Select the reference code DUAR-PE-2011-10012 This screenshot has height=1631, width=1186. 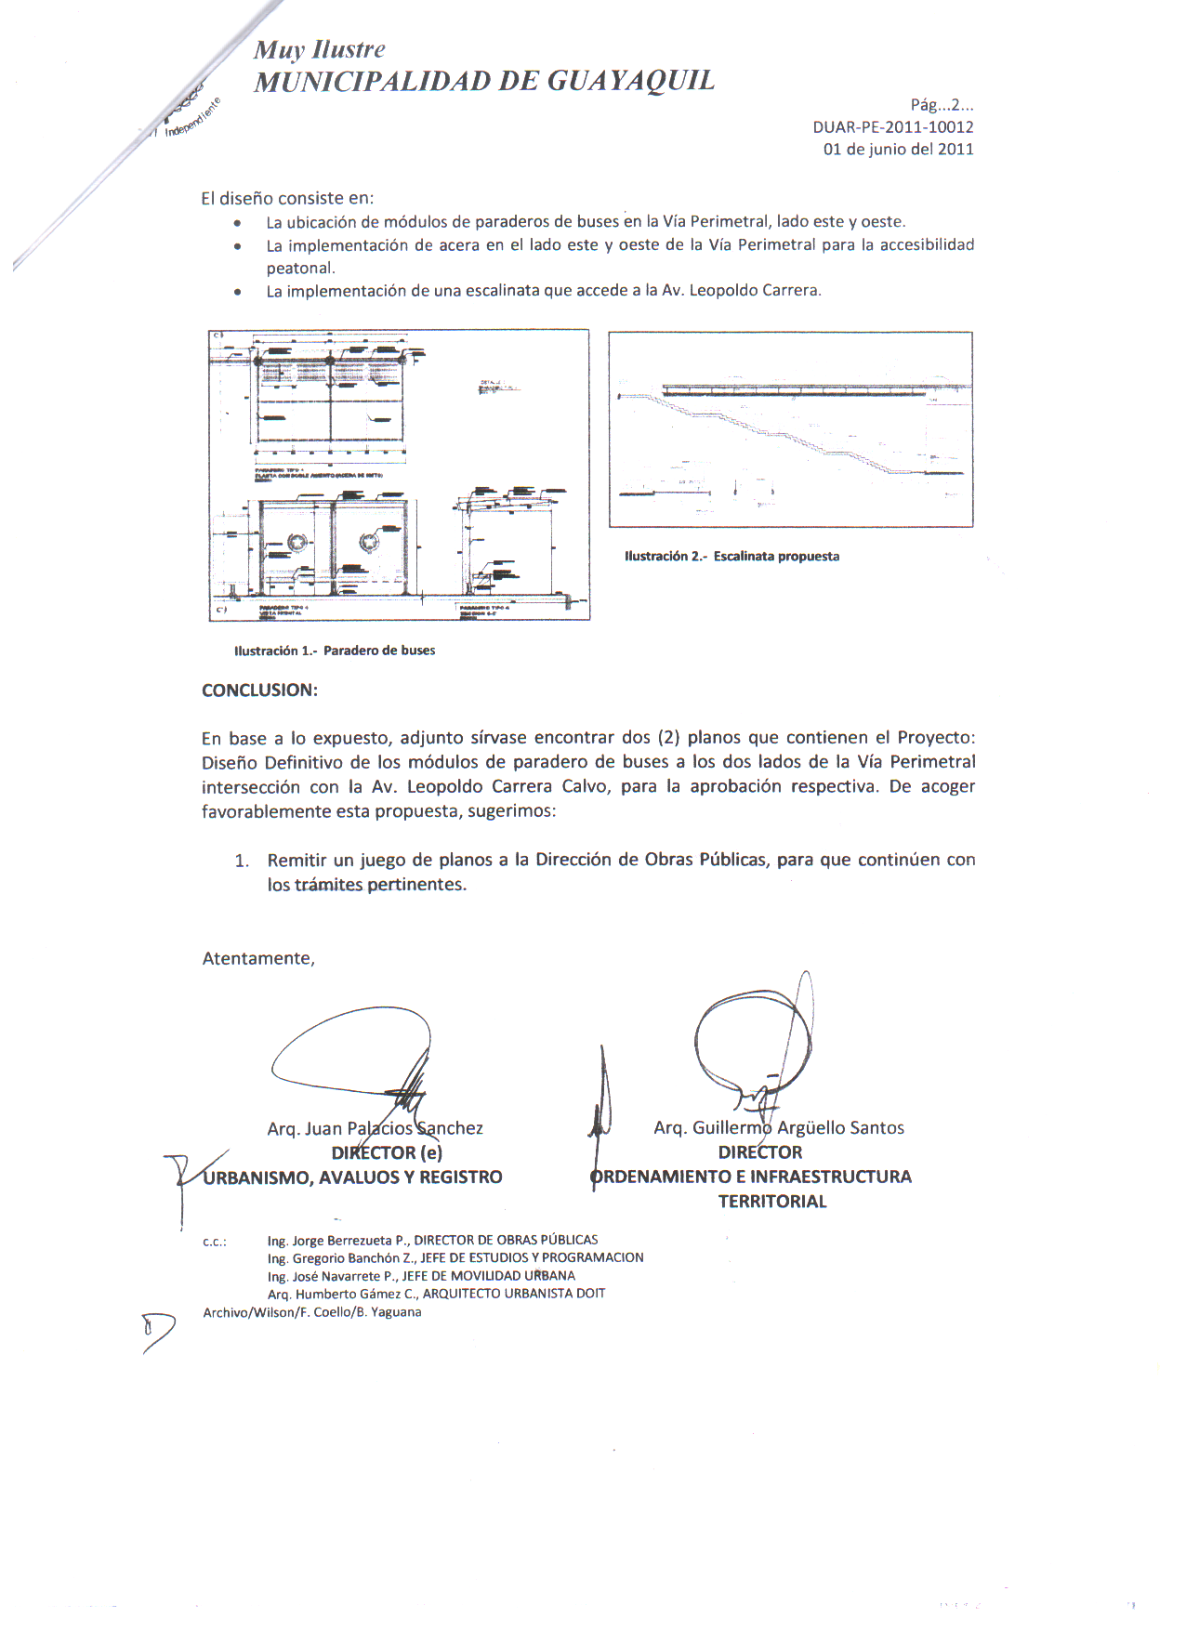coord(892,127)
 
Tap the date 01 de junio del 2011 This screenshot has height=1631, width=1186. coord(898,149)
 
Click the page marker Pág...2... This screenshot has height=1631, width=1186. coord(941,105)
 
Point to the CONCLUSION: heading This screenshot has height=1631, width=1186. coord(259,691)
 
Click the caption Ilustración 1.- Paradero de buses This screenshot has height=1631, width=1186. coord(335,651)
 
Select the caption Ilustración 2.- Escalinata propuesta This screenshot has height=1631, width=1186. coord(731,557)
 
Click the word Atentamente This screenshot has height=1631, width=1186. coord(258,958)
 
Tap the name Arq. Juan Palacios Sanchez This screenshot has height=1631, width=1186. coord(375,1128)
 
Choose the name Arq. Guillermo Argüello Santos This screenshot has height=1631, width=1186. coord(779,1127)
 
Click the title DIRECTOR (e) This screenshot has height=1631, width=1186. coord(387,1152)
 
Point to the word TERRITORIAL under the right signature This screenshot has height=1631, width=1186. coord(771,1202)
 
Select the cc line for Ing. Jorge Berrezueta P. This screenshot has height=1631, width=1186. coord(432,1240)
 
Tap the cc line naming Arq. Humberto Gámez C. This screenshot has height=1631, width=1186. coord(436,1294)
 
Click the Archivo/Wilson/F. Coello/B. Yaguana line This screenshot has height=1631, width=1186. coord(312,1312)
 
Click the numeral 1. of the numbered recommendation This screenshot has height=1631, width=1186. coord(242,861)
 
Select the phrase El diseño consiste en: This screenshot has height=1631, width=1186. coord(287,198)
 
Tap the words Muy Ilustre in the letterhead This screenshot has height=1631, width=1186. coord(319,50)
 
